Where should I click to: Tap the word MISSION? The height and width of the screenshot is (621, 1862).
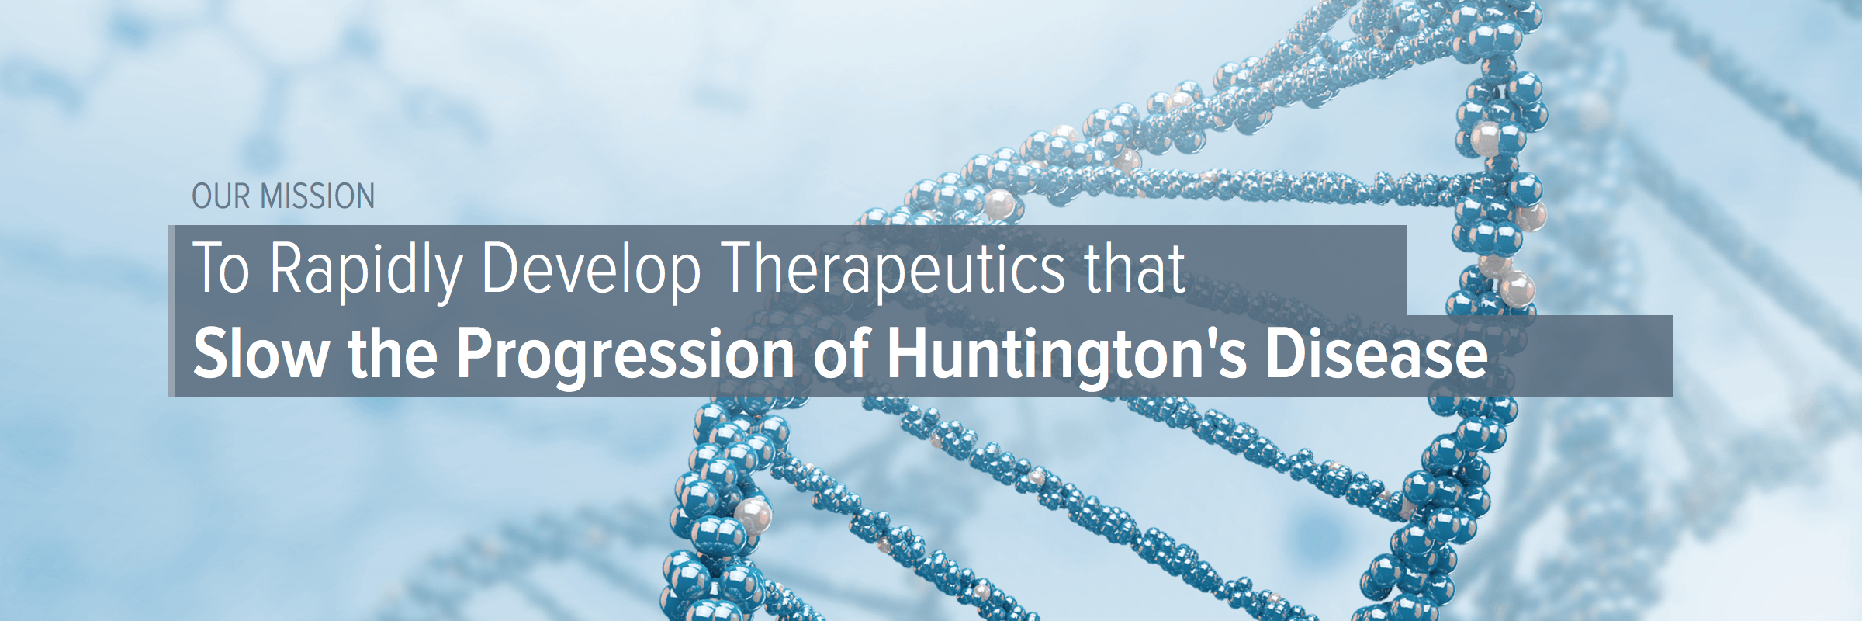(317, 196)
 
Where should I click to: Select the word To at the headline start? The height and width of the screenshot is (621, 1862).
(221, 268)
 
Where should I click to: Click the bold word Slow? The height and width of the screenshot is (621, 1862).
(261, 353)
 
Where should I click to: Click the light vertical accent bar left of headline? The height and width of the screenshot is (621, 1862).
(171, 311)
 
